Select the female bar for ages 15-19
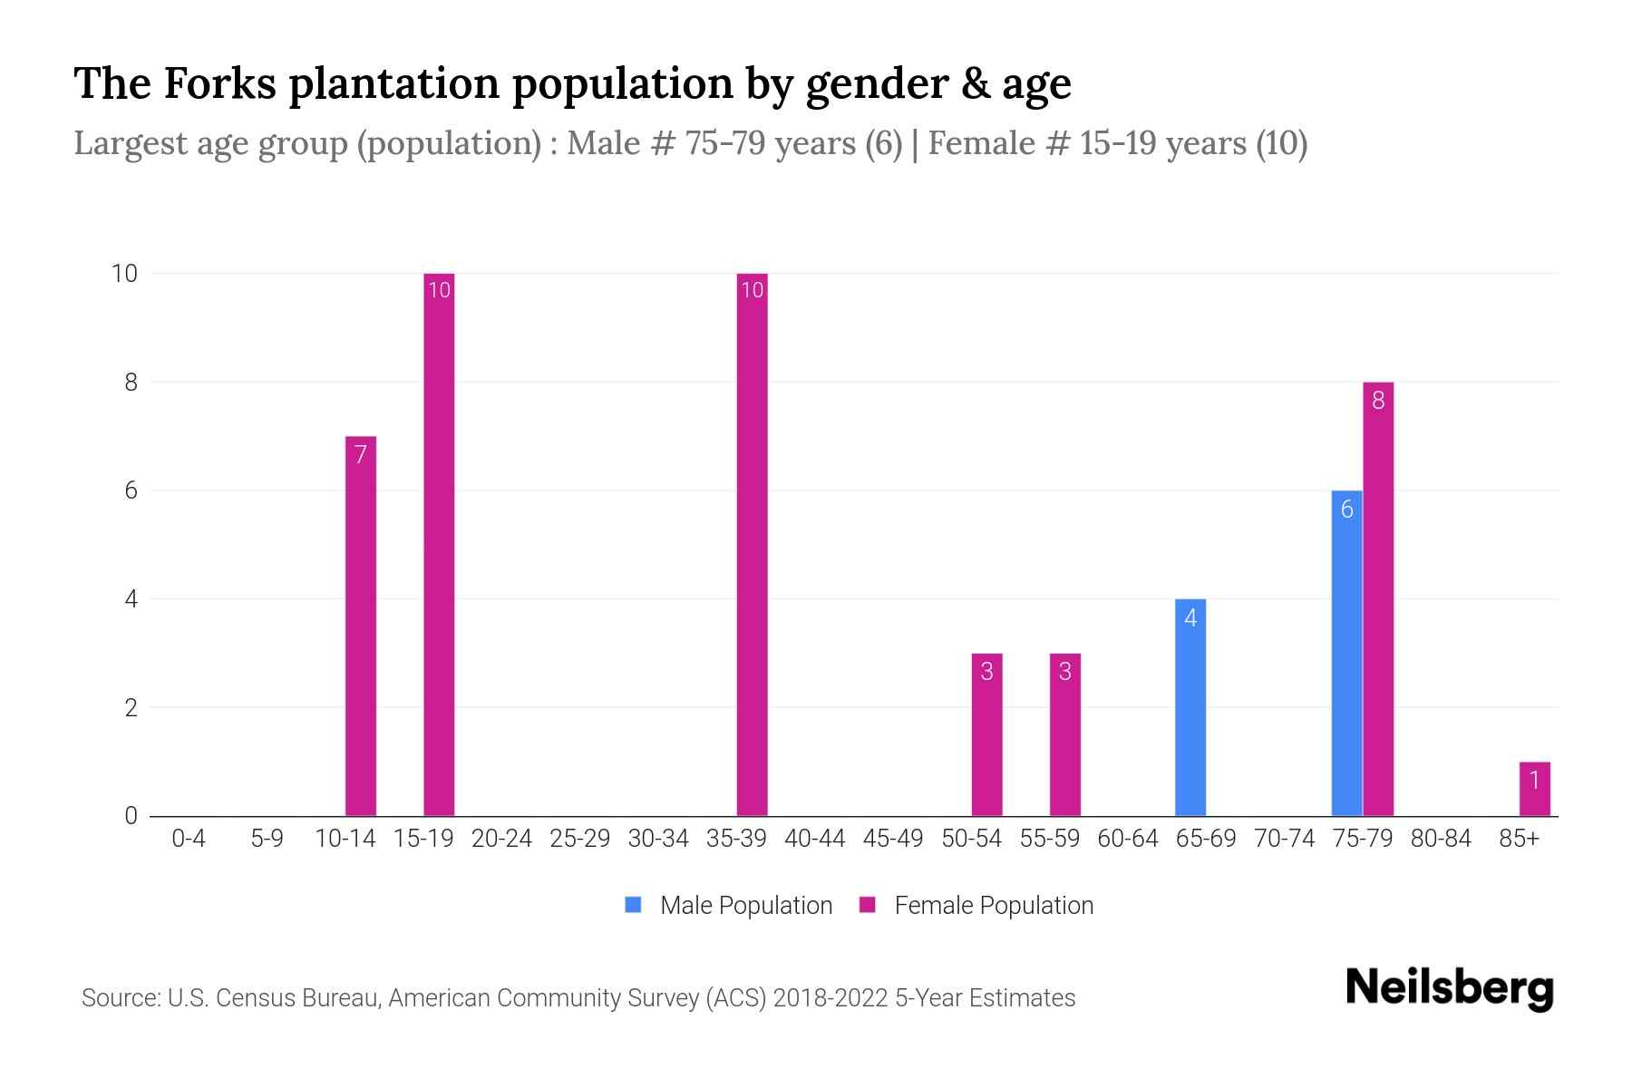[x=439, y=544]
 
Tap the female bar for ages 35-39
[x=752, y=544]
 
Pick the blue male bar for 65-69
[x=1190, y=707]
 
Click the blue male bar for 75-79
[x=1346, y=653]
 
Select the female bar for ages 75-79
[x=1378, y=598]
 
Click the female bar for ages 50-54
[x=986, y=734]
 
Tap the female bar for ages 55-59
[x=1065, y=734]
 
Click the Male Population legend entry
[x=745, y=906]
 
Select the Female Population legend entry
[x=993, y=906]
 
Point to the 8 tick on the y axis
[x=131, y=383]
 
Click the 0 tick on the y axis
[x=131, y=816]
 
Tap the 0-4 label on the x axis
[x=189, y=839]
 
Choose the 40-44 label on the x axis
[x=814, y=839]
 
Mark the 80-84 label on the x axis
[x=1441, y=839]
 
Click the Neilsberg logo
[x=1449, y=987]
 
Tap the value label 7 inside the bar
[x=361, y=454]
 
